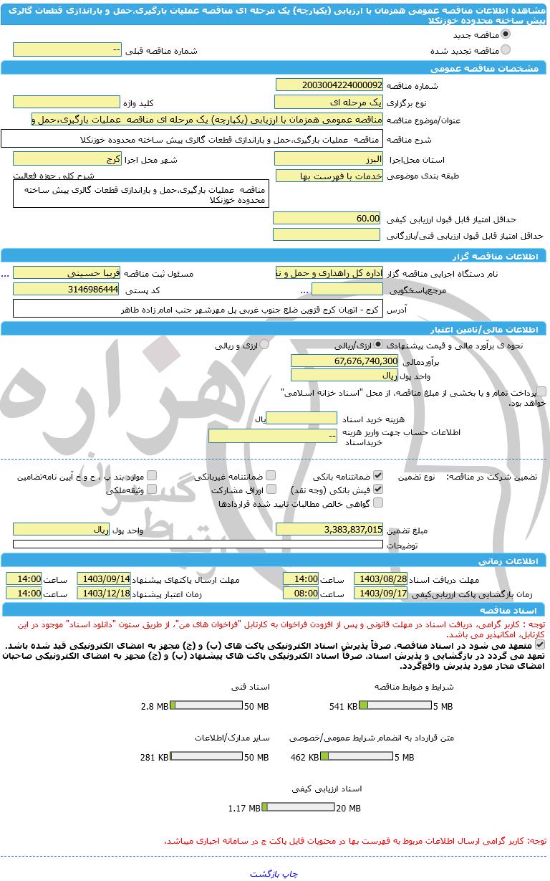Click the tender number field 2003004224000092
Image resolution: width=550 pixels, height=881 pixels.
pyautogui.click(x=329, y=85)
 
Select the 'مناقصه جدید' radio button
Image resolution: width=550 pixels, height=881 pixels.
pyautogui.click(x=506, y=34)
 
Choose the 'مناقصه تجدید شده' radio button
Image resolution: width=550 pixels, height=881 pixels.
pyautogui.click(x=506, y=50)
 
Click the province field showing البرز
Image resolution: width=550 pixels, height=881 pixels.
pyautogui.click(x=329, y=159)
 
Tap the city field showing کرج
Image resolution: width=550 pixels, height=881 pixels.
pyautogui.click(x=67, y=159)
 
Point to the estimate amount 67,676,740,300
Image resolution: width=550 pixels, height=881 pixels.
pyautogui.click(x=344, y=361)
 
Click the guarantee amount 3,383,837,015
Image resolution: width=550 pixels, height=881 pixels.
pyautogui.click(x=329, y=529)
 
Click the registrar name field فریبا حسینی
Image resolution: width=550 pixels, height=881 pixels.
pyautogui.click(x=67, y=273)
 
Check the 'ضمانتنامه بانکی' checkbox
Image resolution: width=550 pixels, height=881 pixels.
pyautogui.click(x=378, y=475)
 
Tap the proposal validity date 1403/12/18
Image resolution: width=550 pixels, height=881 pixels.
pyautogui.click(x=104, y=593)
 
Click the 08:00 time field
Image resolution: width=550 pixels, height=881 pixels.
pyautogui.click(x=301, y=593)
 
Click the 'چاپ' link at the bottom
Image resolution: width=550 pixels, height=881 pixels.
pyautogui.click(x=291, y=873)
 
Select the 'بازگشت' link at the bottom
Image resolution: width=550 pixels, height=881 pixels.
pyautogui.click(x=266, y=873)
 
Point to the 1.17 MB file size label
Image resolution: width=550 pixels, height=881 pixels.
pyautogui.click(x=244, y=808)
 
